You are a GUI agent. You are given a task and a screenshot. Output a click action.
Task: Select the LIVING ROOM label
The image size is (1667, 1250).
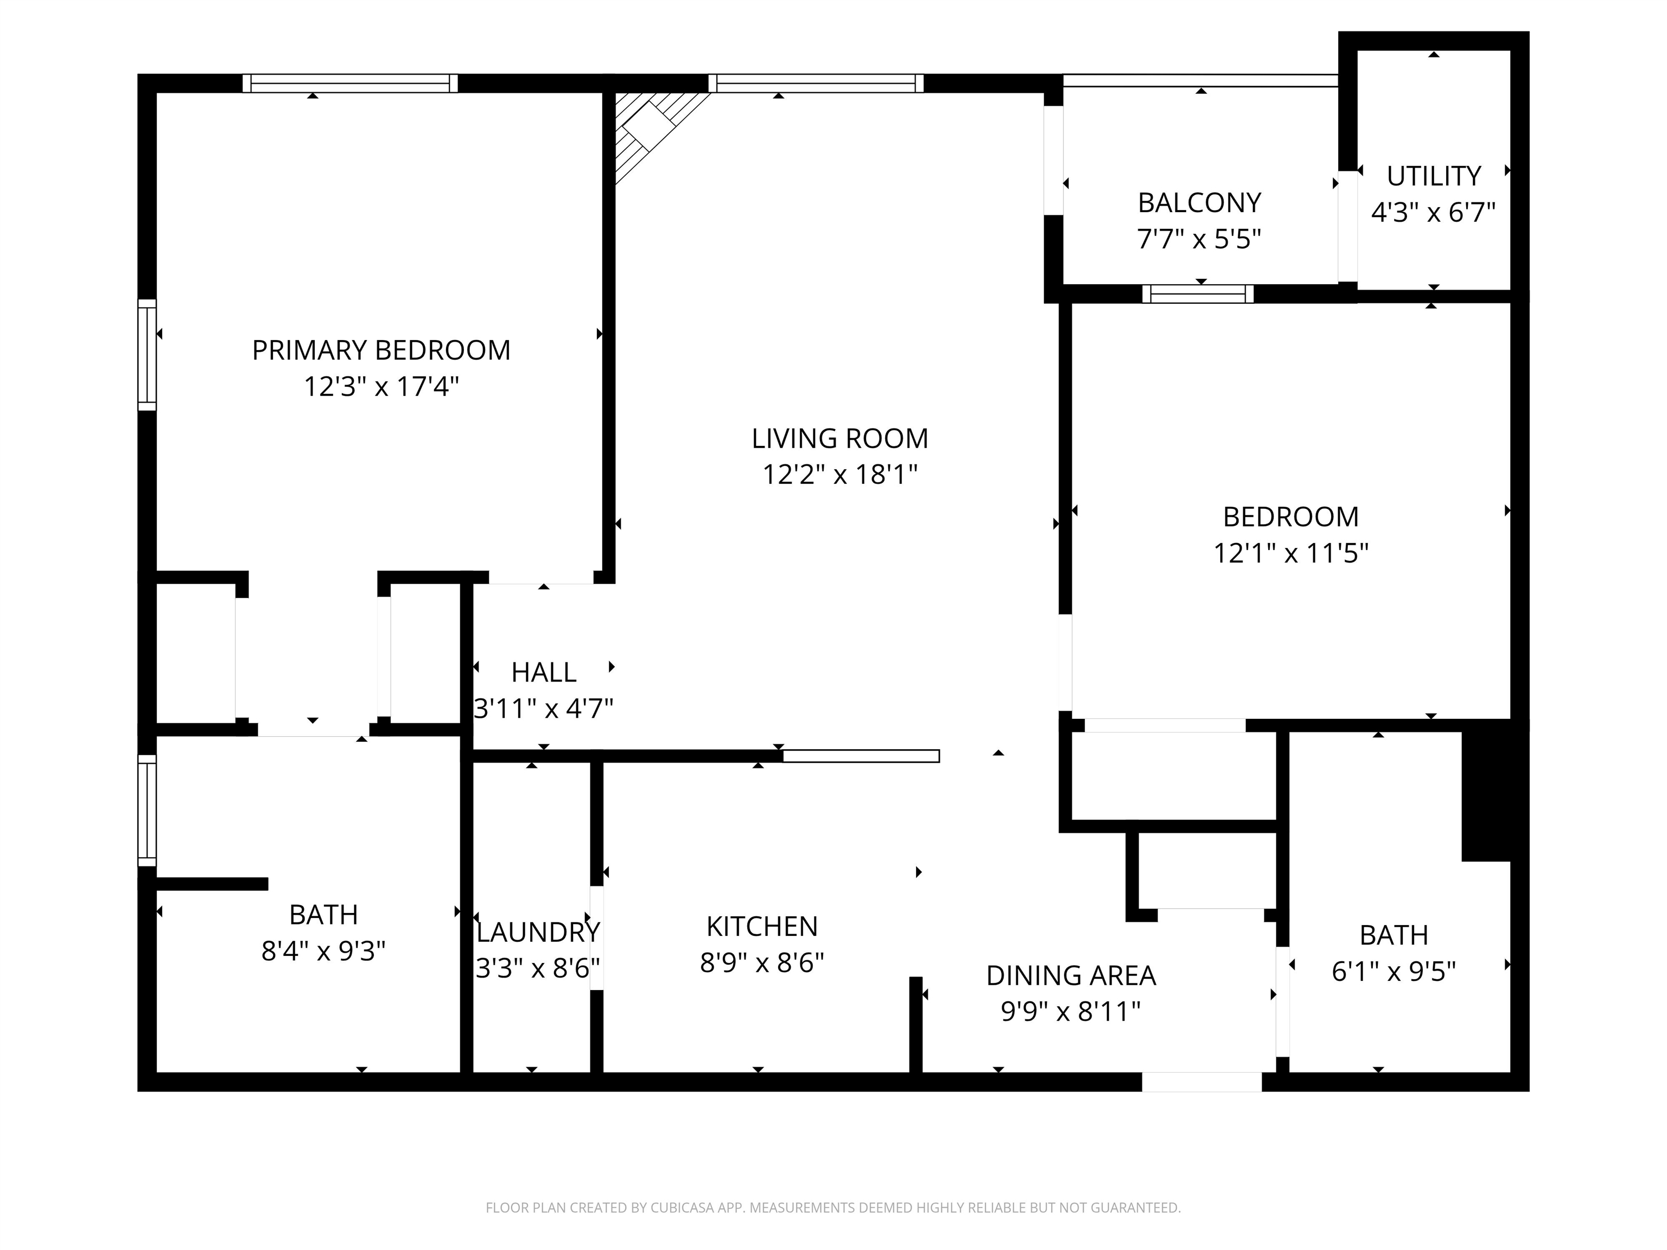[839, 438]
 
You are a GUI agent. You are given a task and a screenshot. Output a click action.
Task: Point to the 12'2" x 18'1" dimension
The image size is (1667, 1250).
[839, 475]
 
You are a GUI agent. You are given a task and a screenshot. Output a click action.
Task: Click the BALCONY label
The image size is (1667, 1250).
[1199, 203]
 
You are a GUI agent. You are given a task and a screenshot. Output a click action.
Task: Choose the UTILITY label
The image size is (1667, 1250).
[1433, 176]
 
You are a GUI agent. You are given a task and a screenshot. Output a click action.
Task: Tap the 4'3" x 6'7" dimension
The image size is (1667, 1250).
[1433, 213]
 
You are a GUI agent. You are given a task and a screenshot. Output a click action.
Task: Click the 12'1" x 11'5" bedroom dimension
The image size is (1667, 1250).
[1290, 554]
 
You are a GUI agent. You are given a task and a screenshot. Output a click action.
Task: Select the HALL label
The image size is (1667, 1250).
[543, 672]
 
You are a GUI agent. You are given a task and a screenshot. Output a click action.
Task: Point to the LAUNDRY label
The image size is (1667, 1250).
[538, 933]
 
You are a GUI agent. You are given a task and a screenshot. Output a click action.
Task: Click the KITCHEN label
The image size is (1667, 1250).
[762, 926]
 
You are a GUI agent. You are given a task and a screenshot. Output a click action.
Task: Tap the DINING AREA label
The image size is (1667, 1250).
[1071, 975]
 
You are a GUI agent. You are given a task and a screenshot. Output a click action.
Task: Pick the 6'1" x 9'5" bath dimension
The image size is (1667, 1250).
[1394, 972]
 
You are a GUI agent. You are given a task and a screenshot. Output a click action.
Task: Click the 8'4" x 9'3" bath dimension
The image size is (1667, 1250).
[323, 952]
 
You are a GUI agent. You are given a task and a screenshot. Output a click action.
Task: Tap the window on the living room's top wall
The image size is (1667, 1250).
[816, 83]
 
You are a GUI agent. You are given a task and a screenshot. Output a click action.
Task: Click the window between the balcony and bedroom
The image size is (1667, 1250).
[1198, 294]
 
